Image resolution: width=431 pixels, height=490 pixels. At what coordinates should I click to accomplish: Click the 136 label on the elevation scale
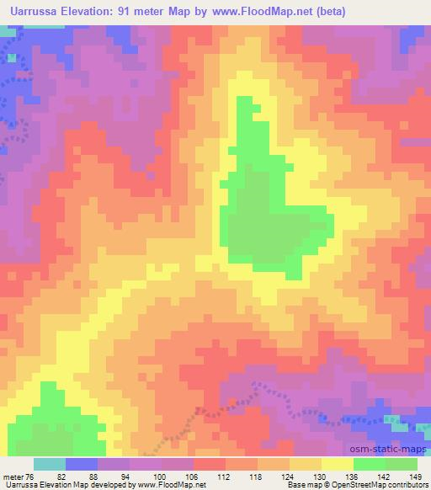(x=354, y=476)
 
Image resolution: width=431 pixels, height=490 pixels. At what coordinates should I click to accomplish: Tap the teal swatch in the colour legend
(x=50, y=464)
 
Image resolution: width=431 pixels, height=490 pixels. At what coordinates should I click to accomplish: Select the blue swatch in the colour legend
(x=82, y=464)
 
